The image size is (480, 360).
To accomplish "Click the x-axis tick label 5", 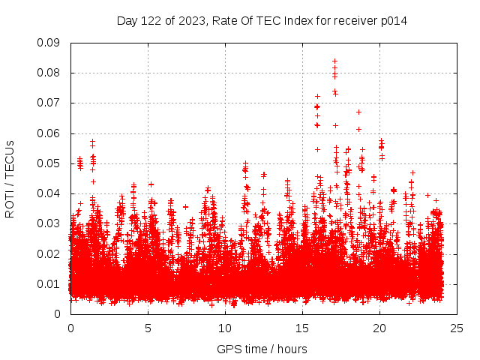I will pos(148,328).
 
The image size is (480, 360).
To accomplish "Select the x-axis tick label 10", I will pos(225,328).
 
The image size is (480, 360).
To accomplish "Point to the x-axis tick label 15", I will pos(302,328).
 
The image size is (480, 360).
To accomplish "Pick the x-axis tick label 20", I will pos(379,328).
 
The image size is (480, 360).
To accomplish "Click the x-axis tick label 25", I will pos(457,328).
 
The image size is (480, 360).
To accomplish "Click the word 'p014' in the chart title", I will pos(393,20).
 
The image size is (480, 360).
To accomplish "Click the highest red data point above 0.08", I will pos(334,61).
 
